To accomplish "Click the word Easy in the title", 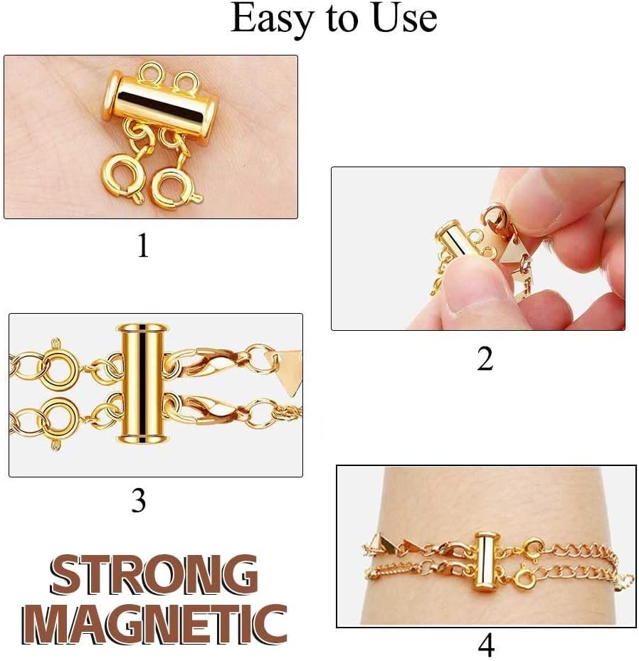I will pos(269,19).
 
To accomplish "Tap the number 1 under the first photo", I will pos(143,245).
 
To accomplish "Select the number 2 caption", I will pos(485,359).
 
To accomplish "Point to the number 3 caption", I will pos(139,502).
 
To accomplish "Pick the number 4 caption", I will pos(486,645).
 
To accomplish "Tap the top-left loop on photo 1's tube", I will pos(150,74).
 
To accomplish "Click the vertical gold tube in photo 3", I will pos(142,384).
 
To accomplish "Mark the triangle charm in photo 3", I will pos(285,368).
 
